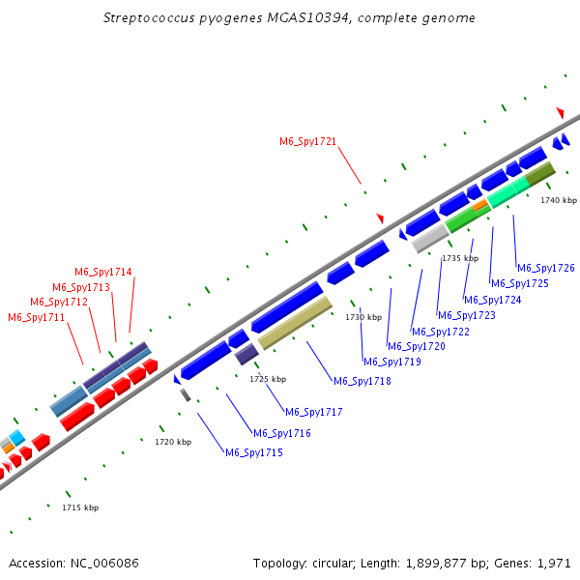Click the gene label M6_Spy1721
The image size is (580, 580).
coord(307,141)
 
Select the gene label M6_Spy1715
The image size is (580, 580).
coord(253,452)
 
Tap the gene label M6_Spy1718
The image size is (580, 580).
coord(362,381)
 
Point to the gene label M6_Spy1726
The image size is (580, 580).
coord(545,268)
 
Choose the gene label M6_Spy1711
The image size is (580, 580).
coord(37,317)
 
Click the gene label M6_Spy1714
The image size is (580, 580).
coord(103,272)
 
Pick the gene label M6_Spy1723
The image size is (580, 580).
coord(466,315)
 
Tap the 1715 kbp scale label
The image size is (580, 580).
coord(80,507)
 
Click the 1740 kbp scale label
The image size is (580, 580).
coord(558,200)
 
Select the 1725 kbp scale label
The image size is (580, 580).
coord(267,379)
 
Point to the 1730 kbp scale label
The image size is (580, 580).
coord(363,317)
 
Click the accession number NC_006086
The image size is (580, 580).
coord(103,563)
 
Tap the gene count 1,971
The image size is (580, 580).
coord(552,563)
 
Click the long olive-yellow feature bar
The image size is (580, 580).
coord(295,323)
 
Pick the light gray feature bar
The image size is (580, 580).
coord(430,238)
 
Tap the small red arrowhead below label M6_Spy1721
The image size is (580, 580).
coord(380,218)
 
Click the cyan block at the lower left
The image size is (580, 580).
coord(16,437)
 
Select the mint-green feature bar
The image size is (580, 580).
coord(508,189)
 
